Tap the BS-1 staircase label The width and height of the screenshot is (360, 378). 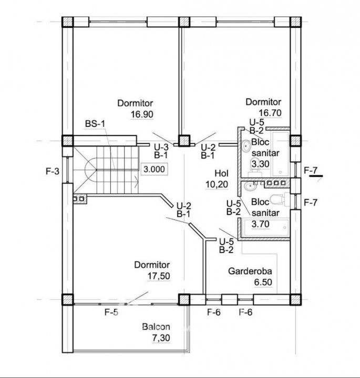95,123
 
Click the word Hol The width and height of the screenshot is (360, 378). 221,173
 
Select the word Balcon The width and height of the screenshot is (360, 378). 156,326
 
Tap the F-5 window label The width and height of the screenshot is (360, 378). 111,313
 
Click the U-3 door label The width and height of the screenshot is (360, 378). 161,147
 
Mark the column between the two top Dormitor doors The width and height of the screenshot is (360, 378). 183,141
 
